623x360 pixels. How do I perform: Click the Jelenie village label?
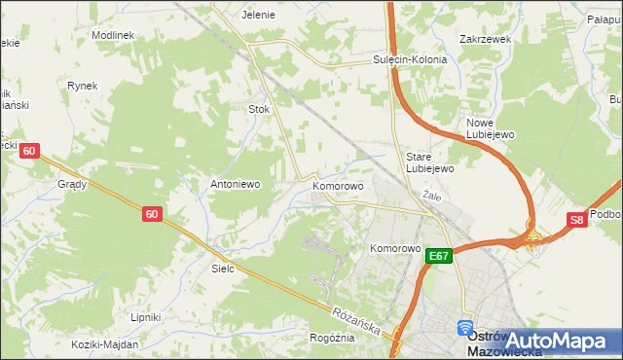(x=258, y=15)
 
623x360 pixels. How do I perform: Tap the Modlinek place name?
(x=112, y=34)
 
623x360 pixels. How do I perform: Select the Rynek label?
(x=83, y=86)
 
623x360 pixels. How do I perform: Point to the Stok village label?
(x=259, y=109)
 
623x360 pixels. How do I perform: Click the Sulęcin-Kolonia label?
(x=409, y=59)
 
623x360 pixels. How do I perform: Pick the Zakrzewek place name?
(x=485, y=40)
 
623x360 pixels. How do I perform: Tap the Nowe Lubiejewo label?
(x=490, y=128)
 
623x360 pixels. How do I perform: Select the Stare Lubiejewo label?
(x=430, y=162)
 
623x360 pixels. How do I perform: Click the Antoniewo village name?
(x=234, y=183)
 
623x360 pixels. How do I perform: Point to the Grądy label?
(x=72, y=183)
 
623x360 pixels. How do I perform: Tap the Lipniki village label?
(x=145, y=317)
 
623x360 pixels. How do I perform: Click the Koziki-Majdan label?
(x=104, y=343)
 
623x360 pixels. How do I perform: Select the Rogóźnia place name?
(x=332, y=338)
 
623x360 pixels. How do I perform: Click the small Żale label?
(x=432, y=197)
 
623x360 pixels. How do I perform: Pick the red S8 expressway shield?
(x=577, y=220)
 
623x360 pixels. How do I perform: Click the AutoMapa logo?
(x=559, y=341)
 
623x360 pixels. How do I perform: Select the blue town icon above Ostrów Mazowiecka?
(x=465, y=329)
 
